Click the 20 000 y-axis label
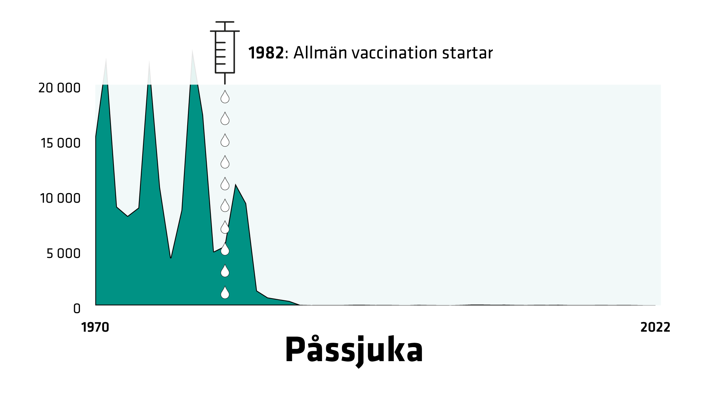[59, 88]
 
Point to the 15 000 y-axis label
[61, 143]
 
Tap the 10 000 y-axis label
[60, 198]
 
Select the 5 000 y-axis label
[63, 254]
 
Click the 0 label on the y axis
[77, 309]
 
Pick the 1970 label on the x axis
[95, 327]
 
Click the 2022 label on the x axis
[655, 327]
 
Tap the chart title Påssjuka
[354, 350]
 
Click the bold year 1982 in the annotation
[266, 53]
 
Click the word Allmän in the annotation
[320, 53]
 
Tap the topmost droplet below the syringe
[225, 97]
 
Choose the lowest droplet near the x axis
[225, 292]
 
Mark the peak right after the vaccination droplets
[236, 185]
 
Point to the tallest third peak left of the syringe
[192, 51]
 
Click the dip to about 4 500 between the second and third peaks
[171, 258]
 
